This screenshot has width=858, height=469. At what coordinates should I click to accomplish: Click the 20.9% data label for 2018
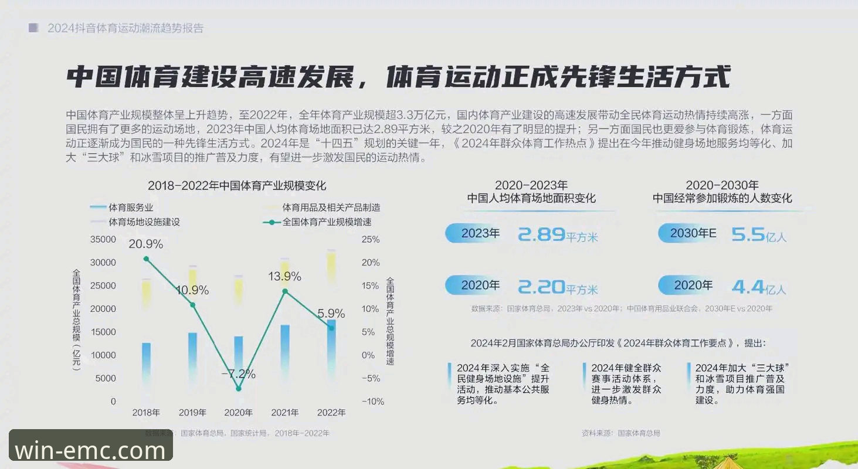pyautogui.click(x=146, y=244)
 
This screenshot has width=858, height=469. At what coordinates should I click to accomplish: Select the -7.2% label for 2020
pyautogui.click(x=238, y=373)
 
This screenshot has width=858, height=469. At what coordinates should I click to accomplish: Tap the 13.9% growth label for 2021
pyautogui.click(x=284, y=276)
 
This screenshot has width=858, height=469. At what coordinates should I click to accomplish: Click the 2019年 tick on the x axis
pyautogui.click(x=192, y=413)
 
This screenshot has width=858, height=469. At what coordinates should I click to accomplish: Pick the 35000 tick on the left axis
pyautogui.click(x=103, y=240)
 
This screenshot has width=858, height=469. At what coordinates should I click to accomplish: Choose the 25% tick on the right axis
pyautogui.click(x=371, y=240)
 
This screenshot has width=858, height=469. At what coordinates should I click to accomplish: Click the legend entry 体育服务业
pyautogui.click(x=131, y=208)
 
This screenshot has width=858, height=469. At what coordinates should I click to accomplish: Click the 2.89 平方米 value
pyautogui.click(x=557, y=235)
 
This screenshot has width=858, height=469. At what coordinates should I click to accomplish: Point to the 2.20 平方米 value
pyautogui.click(x=557, y=287)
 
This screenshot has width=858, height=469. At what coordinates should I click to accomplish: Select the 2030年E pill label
pyautogui.click(x=693, y=233)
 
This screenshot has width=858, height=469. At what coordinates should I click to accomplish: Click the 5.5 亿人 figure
pyautogui.click(x=759, y=235)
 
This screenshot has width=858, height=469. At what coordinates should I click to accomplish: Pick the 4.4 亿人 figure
pyautogui.click(x=759, y=287)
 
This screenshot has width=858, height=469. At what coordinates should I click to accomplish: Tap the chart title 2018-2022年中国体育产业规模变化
pyautogui.click(x=237, y=186)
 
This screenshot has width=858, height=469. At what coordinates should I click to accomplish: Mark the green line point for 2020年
pyautogui.click(x=239, y=389)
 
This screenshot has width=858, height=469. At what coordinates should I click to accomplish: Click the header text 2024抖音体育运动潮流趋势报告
pyautogui.click(x=126, y=28)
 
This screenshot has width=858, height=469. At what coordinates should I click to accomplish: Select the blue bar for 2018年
pyautogui.click(x=146, y=363)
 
